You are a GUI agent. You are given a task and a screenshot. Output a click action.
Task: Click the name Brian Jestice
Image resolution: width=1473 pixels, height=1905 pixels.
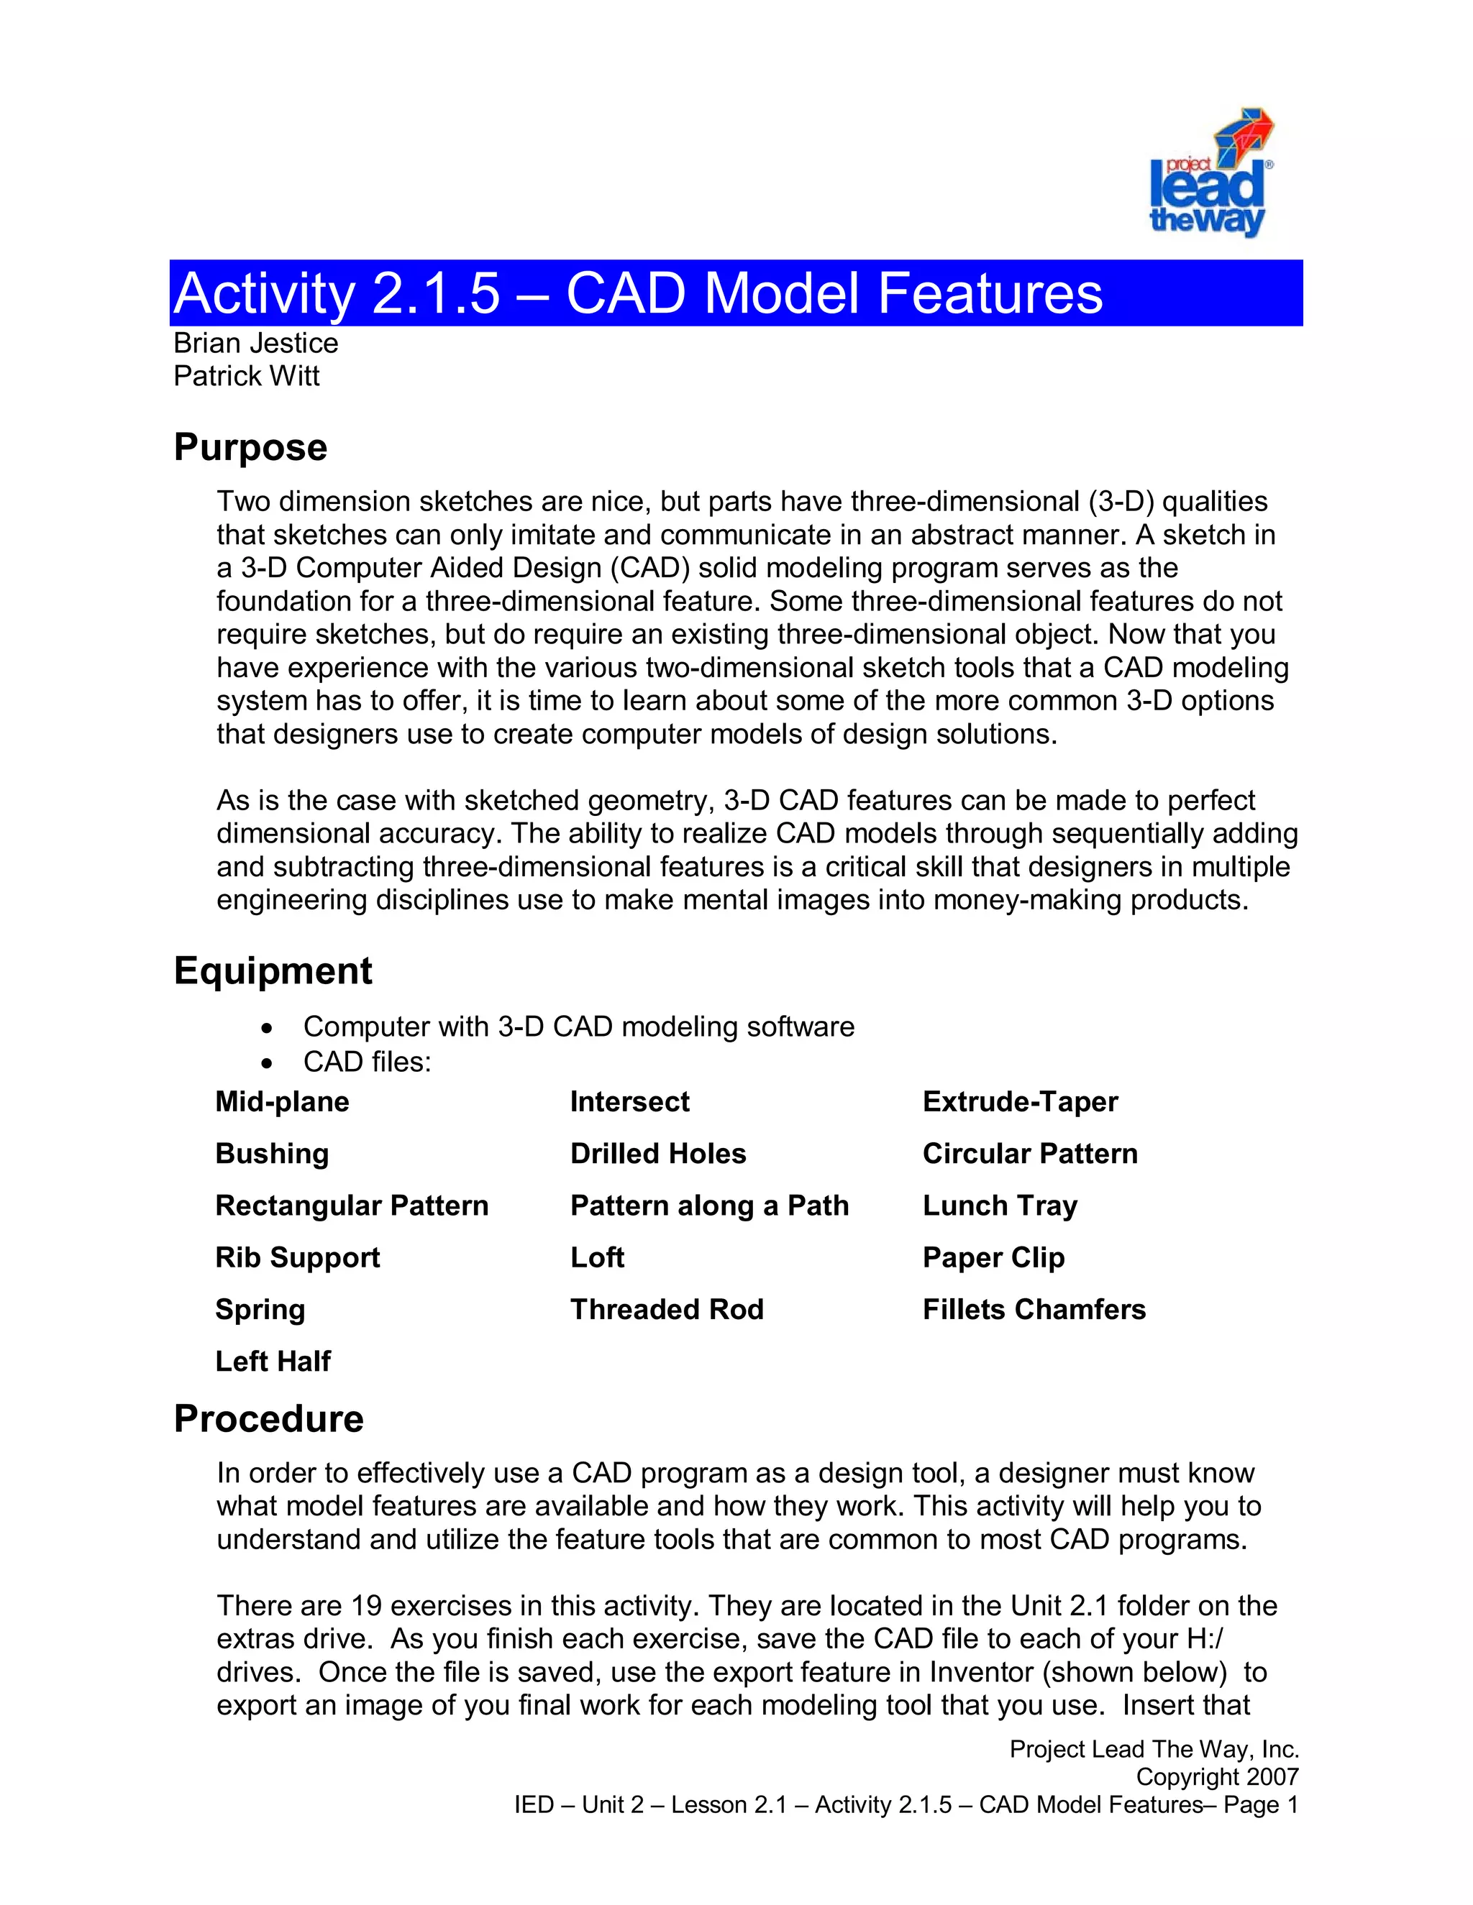[255, 343]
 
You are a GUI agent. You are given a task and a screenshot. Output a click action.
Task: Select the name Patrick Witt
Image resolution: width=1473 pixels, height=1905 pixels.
[246, 376]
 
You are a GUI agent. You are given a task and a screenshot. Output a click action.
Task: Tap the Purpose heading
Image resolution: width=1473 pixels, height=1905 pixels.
[250, 447]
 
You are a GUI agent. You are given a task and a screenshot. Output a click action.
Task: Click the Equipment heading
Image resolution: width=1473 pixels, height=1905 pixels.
[273, 970]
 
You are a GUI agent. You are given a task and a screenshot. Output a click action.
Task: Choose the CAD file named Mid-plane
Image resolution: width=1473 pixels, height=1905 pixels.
[282, 1101]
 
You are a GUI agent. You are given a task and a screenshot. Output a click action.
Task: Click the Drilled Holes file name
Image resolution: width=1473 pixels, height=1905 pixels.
[658, 1153]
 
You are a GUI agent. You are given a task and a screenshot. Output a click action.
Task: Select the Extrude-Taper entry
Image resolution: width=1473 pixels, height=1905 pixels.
[1020, 1101]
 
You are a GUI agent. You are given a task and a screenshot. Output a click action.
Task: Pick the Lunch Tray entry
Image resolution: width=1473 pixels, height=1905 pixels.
[1000, 1206]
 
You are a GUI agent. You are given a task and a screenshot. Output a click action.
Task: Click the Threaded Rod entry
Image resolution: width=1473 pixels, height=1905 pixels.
[667, 1309]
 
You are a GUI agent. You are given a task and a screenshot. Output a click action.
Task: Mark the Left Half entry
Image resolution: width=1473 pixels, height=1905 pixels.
[273, 1361]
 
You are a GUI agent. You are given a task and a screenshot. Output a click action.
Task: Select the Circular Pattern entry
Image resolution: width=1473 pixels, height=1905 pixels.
[1030, 1153]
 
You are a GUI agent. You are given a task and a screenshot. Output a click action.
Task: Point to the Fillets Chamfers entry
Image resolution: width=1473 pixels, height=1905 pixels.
[1034, 1309]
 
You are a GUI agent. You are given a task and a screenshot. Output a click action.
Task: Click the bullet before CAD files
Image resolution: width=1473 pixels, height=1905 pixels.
[268, 1063]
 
